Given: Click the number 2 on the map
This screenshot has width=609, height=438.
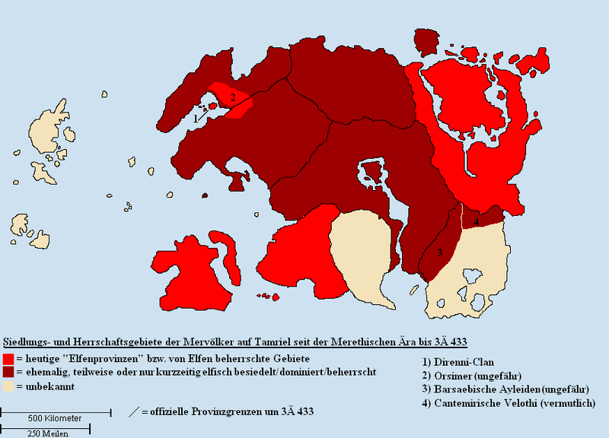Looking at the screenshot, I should coord(234,97).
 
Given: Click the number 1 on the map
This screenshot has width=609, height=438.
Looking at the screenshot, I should coord(196,119).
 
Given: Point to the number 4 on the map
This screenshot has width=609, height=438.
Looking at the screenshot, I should coord(476,222).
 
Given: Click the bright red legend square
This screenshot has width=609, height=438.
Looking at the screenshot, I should coord(8,357).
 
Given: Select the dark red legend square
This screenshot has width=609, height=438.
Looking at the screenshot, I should coord(8,373).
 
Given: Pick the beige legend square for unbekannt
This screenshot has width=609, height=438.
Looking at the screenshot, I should coord(8,387).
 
